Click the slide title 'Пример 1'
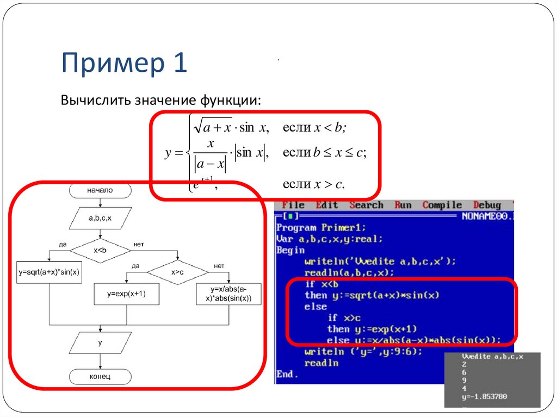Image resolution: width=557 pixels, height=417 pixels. [x=124, y=63]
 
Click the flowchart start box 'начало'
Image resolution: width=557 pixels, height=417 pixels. [x=100, y=190]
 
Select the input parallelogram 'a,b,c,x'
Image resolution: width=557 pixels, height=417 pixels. [x=101, y=219]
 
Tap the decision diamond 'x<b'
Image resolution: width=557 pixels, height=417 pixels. [x=101, y=251]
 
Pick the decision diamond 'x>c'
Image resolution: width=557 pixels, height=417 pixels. [x=178, y=272]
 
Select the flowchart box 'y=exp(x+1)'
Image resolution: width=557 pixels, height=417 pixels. [x=127, y=294]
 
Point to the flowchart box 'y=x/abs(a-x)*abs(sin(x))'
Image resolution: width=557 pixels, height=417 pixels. [x=228, y=294]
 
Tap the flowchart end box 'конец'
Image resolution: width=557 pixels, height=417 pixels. [x=100, y=376]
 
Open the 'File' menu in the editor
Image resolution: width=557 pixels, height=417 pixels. [x=293, y=205]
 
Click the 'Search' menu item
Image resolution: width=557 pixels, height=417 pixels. [x=366, y=205]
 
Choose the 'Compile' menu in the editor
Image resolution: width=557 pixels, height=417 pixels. [x=442, y=205]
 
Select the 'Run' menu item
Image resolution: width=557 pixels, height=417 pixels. [x=403, y=205]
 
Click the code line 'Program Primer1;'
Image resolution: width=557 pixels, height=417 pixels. [x=321, y=228]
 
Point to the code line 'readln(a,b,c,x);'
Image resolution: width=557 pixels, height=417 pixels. [x=349, y=272]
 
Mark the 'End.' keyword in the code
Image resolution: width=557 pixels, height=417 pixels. [x=287, y=374]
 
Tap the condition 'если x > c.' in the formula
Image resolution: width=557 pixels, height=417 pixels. [x=314, y=184]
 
